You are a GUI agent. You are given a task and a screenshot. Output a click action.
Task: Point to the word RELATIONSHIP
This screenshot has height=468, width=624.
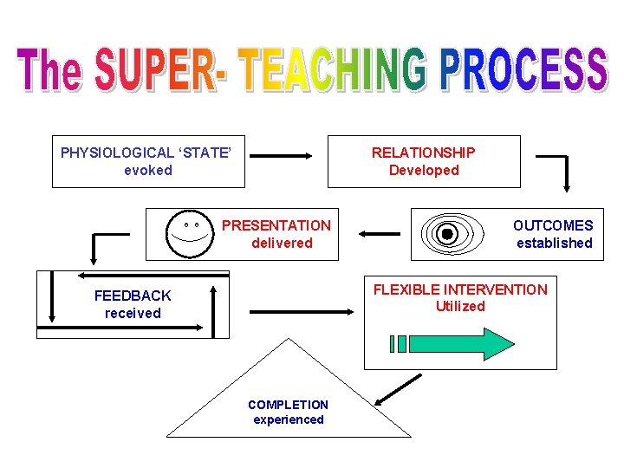tap(423, 153)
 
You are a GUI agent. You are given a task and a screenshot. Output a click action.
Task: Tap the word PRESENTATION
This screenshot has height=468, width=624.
tap(276, 225)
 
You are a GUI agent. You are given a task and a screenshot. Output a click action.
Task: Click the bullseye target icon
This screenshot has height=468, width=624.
tap(447, 234)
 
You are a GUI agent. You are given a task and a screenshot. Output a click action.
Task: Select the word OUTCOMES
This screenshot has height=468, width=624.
tap(553, 225)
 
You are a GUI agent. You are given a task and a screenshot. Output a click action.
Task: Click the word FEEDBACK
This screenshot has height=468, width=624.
tap(133, 296)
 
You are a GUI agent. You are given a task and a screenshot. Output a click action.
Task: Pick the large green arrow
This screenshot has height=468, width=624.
tap(454, 344)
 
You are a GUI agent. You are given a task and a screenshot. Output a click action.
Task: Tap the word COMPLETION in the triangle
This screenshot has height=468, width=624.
tap(288, 405)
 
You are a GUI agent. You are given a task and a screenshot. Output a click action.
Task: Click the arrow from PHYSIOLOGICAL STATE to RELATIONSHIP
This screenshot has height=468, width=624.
tap(285, 157)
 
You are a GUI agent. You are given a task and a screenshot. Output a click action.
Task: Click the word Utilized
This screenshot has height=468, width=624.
tap(460, 306)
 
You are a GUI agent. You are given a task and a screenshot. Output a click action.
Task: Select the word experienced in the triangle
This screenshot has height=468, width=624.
tap(289, 419)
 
